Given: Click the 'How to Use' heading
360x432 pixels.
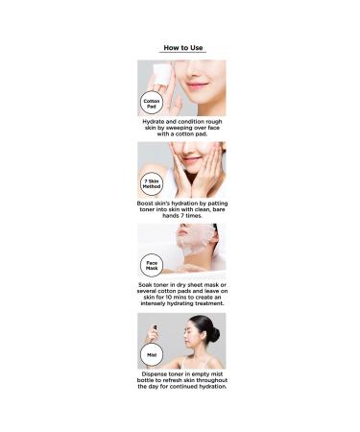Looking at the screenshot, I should (x=182, y=46).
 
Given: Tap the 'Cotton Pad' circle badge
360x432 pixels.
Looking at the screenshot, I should (x=152, y=103).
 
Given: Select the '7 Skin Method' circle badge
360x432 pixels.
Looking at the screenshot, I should (x=152, y=184).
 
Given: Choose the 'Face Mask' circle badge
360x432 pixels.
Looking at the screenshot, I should (x=152, y=266).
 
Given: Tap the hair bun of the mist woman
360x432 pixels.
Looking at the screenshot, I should (x=213, y=332).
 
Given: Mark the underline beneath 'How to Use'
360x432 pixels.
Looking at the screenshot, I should (x=182, y=53).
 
